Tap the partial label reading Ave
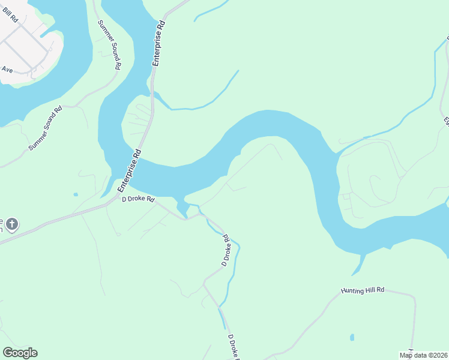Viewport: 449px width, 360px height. point(7,70)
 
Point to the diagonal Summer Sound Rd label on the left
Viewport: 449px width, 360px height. point(45,128)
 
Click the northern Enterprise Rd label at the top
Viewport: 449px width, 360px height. point(158,44)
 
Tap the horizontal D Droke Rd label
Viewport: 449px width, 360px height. point(138,199)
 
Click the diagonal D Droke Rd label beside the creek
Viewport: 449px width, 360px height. point(226,250)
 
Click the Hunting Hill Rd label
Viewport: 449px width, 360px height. point(362,290)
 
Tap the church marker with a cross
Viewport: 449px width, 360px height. point(11,225)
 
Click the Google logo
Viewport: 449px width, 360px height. point(20,353)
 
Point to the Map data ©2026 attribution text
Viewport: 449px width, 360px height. point(423,355)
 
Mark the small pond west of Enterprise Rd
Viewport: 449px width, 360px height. point(76,194)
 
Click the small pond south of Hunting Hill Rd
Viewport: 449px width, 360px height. point(352,337)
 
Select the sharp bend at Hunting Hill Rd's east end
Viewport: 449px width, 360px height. point(414,297)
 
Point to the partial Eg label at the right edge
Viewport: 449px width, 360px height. point(445,121)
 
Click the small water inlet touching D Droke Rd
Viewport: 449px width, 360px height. point(182,209)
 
